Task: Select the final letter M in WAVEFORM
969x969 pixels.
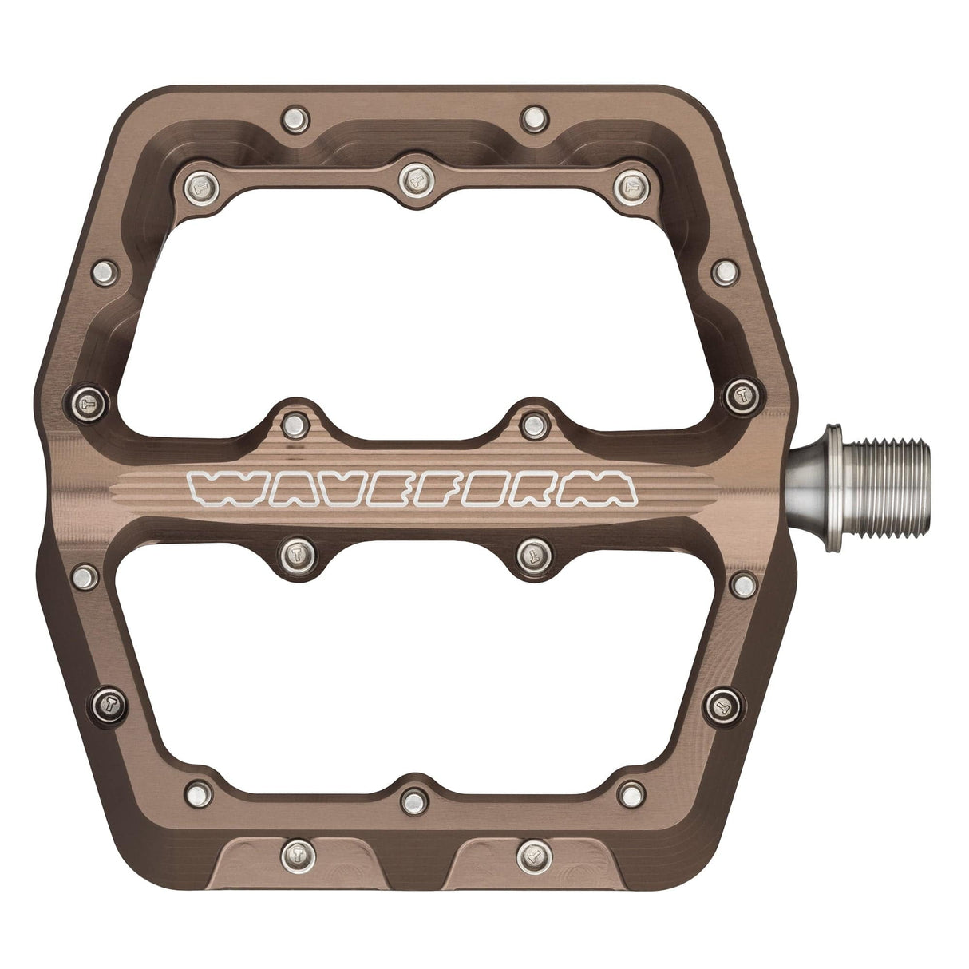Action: point(603,488)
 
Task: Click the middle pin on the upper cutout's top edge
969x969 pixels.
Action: point(415,180)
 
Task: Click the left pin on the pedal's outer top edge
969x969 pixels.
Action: point(295,121)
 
